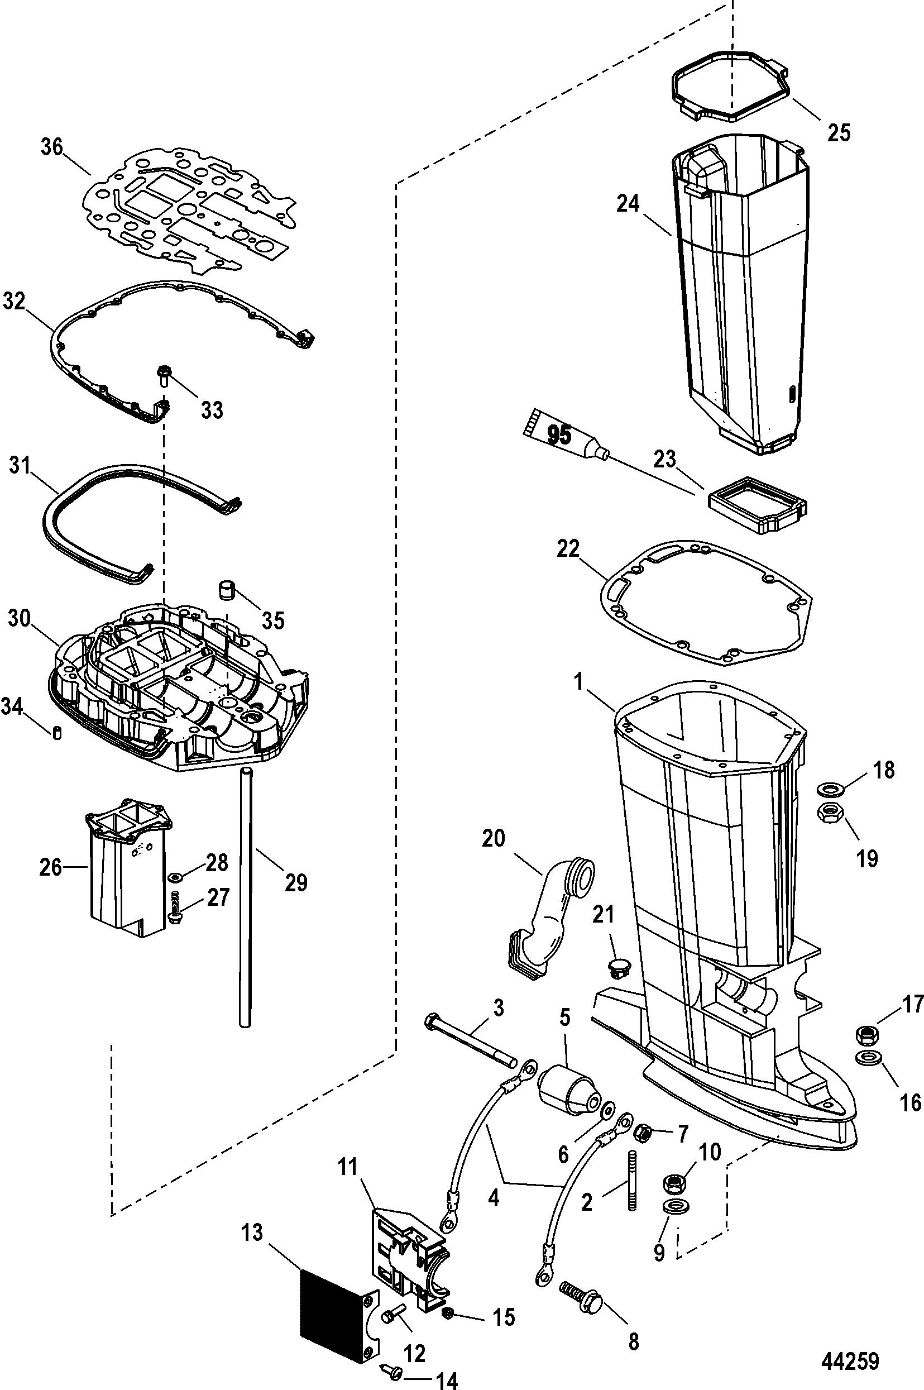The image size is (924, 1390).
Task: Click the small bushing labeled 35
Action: (x=227, y=591)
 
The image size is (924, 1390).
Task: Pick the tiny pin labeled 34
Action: (x=57, y=733)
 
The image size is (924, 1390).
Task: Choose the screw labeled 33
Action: (x=162, y=375)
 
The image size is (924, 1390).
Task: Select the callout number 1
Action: (x=580, y=682)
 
